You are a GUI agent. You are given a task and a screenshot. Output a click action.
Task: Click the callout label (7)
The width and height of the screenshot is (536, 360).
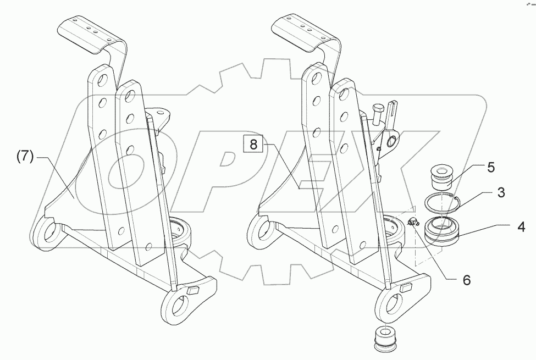point(24,157)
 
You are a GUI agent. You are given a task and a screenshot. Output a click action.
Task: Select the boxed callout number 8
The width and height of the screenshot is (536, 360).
point(253,145)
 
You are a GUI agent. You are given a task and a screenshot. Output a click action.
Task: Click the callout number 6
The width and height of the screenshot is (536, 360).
point(466,280)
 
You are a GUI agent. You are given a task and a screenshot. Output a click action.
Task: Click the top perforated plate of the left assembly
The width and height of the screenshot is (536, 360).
point(89,31)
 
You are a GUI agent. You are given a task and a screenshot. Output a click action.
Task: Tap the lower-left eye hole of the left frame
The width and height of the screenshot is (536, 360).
point(47,232)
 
